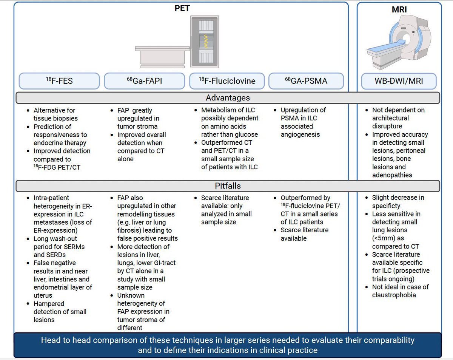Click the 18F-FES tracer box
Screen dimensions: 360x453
59,81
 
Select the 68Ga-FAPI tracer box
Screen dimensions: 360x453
142,81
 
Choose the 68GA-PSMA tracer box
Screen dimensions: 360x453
306,81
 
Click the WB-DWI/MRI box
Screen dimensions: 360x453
399,81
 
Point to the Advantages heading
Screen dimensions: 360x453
227,98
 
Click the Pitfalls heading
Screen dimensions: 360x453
227,186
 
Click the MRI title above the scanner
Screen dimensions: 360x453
399,10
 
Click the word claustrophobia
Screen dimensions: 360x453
394,295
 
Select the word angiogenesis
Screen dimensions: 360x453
300,135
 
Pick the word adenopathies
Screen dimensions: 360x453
393,175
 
